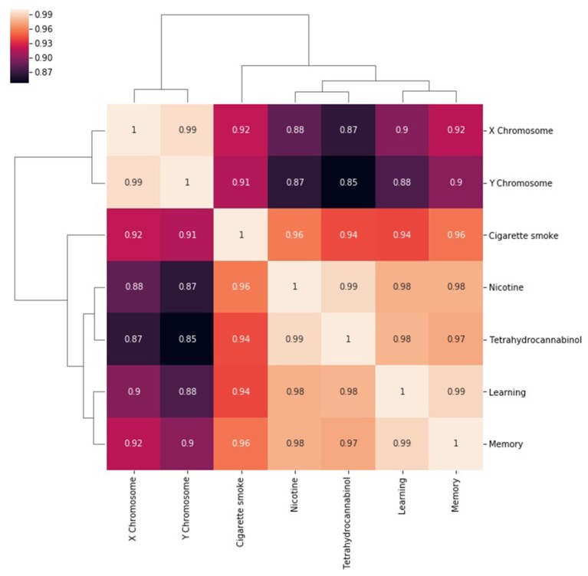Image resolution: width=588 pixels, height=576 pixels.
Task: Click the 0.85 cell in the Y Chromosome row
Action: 348,183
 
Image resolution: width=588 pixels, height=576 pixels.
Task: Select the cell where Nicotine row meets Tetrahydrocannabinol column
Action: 348,287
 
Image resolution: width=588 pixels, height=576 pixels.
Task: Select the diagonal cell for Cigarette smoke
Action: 241,235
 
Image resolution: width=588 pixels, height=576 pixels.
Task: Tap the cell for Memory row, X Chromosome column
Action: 134,443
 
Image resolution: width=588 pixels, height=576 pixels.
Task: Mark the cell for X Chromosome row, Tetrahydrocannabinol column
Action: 348,131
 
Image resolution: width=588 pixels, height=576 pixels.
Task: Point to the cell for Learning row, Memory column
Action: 455,391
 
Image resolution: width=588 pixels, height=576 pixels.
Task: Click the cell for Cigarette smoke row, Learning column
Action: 402,235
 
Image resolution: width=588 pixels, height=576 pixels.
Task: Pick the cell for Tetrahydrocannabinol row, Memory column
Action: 455,339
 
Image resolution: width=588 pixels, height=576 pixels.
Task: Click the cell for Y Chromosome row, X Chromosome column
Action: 134,183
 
